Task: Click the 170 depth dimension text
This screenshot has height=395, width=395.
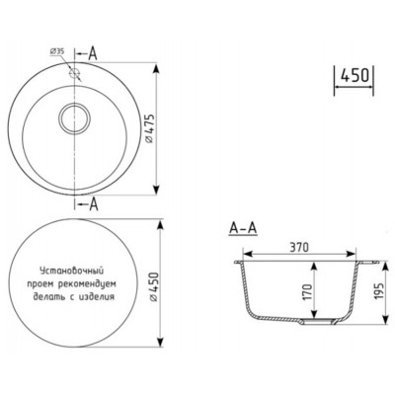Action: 308,291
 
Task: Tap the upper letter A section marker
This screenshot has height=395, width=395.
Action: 92,50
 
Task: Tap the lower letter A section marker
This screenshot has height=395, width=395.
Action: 93,204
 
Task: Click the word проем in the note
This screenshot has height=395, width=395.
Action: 51,282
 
